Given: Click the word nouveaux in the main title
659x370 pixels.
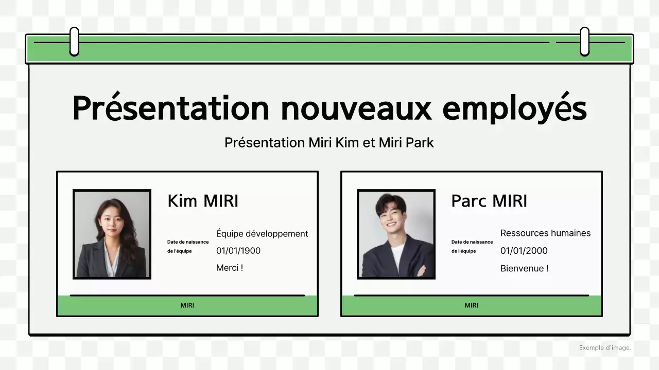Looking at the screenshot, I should pyautogui.click(x=357, y=108).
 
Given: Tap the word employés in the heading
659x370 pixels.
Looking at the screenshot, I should pyautogui.click(x=514, y=108).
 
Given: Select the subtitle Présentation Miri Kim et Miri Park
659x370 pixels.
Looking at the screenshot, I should pyautogui.click(x=329, y=142).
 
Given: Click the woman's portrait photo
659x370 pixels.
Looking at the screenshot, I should pyautogui.click(x=112, y=234).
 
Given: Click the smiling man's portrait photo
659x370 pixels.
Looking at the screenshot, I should pyautogui.click(x=396, y=234).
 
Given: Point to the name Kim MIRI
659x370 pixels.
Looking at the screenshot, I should pyautogui.click(x=203, y=201).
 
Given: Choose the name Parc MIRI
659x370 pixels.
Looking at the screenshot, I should pyautogui.click(x=489, y=201).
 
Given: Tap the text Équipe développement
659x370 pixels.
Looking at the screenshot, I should pyautogui.click(x=262, y=234).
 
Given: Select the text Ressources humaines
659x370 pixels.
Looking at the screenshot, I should pyautogui.click(x=545, y=233).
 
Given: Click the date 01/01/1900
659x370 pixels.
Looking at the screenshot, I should pyautogui.click(x=238, y=251).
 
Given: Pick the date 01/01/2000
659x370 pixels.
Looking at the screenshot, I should pyautogui.click(x=524, y=251).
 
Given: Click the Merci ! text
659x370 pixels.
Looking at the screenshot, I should pyautogui.click(x=230, y=268).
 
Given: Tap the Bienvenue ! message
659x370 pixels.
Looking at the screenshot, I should pyautogui.click(x=524, y=268).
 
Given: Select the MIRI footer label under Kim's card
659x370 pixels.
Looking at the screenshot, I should pyautogui.click(x=187, y=305).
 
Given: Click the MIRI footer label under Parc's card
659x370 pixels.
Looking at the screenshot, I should pyautogui.click(x=472, y=305).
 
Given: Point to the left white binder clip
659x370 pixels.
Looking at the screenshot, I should pyautogui.click(x=74, y=41).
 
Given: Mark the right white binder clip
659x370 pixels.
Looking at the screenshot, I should pyautogui.click(x=584, y=41).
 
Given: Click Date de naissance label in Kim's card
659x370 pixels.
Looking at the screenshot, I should pyautogui.click(x=188, y=242).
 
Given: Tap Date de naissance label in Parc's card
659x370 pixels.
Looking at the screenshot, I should pyautogui.click(x=472, y=242).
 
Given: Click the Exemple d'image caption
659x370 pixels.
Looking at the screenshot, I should pyautogui.click(x=604, y=348).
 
